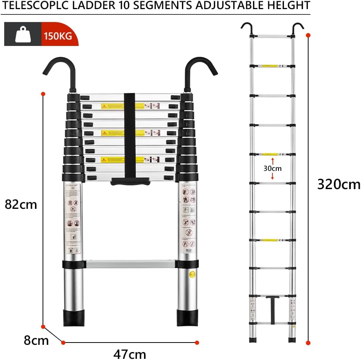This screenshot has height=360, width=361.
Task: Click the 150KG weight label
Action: point(59,37)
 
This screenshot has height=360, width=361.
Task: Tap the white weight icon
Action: point(22,35)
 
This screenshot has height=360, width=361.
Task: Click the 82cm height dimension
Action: point(21,204)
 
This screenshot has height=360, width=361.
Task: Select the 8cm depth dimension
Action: point(36,340)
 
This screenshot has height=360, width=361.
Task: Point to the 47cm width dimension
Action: point(129,354)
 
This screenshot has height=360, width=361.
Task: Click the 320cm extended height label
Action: point(339,184)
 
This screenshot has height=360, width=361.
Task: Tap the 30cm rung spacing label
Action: point(273,168)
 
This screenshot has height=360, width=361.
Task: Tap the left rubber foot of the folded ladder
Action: point(73,317)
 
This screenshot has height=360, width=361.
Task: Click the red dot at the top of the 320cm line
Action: point(308,35)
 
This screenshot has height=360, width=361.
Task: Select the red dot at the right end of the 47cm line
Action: point(197,343)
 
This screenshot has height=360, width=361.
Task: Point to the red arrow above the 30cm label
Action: point(273,161)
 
